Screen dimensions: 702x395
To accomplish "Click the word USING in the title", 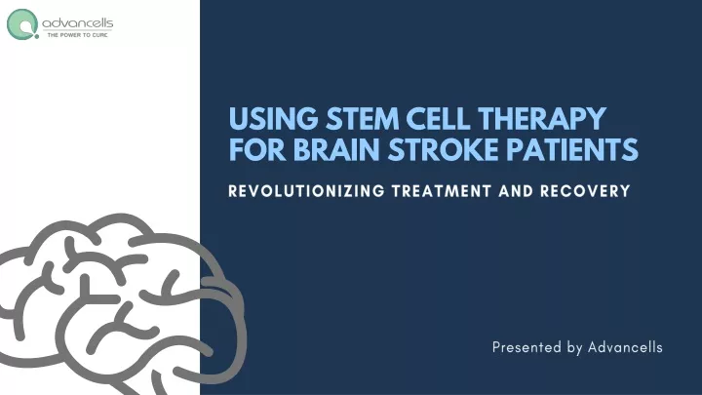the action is click(x=273, y=119).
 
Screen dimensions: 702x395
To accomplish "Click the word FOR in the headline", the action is click(x=257, y=149).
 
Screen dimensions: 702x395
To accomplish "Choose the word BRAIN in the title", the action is click(x=336, y=149).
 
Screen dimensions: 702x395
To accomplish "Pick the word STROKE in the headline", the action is click(x=443, y=149).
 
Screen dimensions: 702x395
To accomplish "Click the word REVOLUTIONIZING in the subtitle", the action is click(x=307, y=191).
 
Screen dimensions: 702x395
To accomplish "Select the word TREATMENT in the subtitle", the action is click(x=442, y=191).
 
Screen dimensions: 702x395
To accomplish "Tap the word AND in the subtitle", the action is click(x=516, y=191).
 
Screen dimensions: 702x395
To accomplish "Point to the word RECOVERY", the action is click(x=585, y=191).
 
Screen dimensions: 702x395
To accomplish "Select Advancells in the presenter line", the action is click(x=625, y=347).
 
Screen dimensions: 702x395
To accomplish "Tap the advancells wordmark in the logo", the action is click(x=77, y=22).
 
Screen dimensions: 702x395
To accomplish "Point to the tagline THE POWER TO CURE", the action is click(x=77, y=35).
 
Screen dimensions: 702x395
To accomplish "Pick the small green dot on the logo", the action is click(x=37, y=36).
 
